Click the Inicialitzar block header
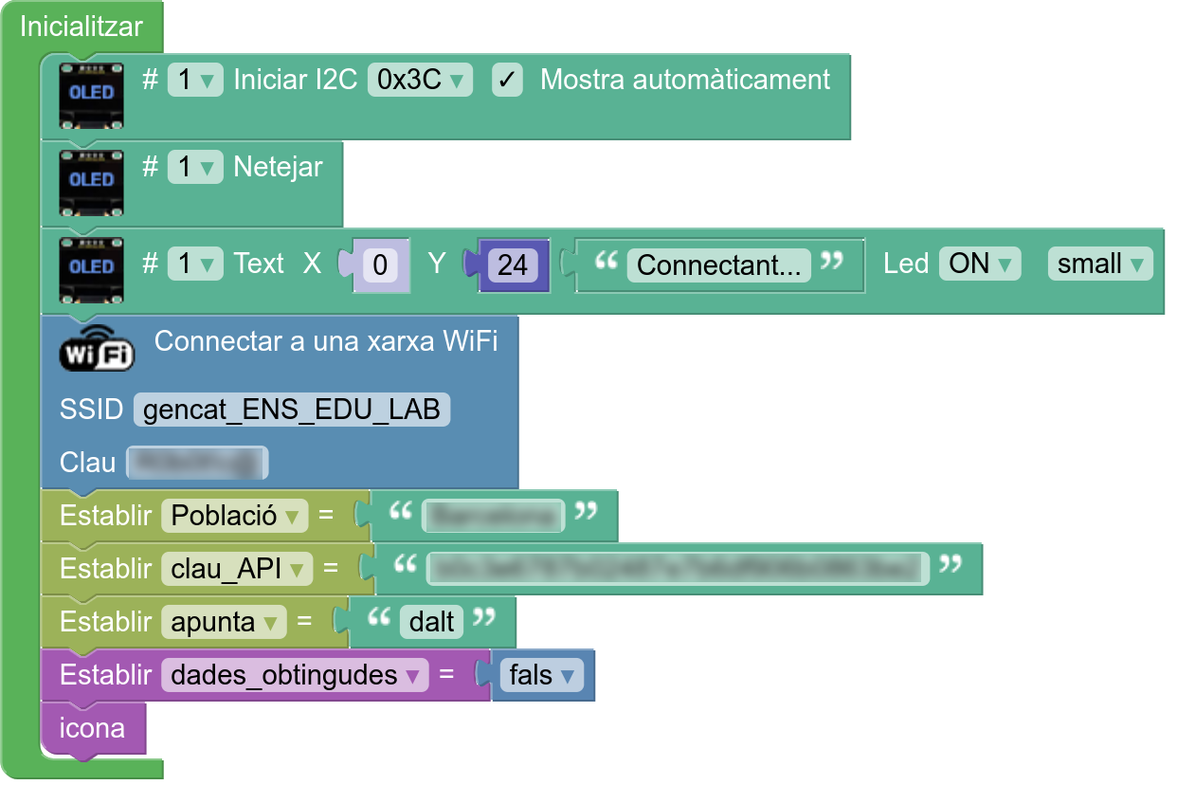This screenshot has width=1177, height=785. point(81,27)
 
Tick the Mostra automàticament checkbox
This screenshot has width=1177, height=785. point(507,81)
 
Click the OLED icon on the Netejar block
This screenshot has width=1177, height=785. point(92,179)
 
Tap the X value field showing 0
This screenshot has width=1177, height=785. point(380,265)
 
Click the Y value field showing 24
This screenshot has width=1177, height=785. point(513,265)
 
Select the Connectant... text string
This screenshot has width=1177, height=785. point(719,265)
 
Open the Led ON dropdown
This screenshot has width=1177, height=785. point(979,264)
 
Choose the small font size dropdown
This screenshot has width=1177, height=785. point(1100,264)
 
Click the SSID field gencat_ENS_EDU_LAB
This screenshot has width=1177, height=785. point(292,410)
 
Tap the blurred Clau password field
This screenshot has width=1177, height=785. point(197,463)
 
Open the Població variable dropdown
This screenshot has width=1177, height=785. point(235,516)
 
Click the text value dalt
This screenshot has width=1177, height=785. point(432,622)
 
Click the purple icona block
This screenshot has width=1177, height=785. point(92,728)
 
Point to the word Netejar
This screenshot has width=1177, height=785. point(278,168)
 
